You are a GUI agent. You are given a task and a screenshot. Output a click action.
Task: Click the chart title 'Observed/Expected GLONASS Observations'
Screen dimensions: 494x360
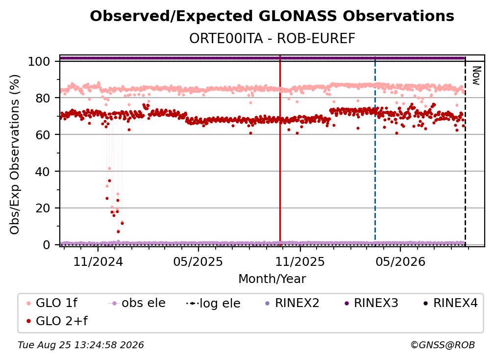(x=272, y=16)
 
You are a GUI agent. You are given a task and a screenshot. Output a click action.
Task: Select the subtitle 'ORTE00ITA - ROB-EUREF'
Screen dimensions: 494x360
(x=272, y=39)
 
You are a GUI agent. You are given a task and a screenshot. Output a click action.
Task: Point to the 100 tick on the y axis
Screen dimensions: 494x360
(x=39, y=61)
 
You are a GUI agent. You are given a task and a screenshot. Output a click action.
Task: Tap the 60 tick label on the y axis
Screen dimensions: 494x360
(x=43, y=135)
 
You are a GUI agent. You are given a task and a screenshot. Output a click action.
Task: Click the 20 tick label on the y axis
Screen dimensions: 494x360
(x=43, y=208)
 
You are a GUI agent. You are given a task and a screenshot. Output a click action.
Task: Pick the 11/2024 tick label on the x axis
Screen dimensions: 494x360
(x=98, y=261)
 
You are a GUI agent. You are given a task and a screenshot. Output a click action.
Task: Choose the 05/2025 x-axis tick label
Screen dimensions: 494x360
(x=198, y=261)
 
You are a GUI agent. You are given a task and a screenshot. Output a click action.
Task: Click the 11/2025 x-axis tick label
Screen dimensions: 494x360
(x=300, y=261)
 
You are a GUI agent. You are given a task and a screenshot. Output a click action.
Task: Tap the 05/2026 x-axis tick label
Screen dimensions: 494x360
(x=400, y=261)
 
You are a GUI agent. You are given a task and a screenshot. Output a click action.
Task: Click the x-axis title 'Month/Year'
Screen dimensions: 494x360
(x=272, y=279)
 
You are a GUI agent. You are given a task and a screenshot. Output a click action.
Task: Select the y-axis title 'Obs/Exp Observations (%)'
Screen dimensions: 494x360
(x=15, y=154)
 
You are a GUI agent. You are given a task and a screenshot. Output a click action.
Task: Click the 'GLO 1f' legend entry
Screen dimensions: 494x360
(x=52, y=303)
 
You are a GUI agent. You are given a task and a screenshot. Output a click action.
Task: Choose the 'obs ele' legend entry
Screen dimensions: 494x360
(x=137, y=303)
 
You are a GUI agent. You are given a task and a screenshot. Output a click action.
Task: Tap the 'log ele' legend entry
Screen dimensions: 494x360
(x=213, y=304)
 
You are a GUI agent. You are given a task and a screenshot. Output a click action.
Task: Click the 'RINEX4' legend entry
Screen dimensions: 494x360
(x=450, y=303)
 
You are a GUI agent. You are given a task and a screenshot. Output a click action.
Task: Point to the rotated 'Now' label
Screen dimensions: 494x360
(x=476, y=76)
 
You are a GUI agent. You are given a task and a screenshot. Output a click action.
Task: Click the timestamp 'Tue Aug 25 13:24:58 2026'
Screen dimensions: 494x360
(x=81, y=345)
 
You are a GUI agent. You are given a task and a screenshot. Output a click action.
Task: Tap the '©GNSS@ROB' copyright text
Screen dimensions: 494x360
(x=443, y=345)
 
